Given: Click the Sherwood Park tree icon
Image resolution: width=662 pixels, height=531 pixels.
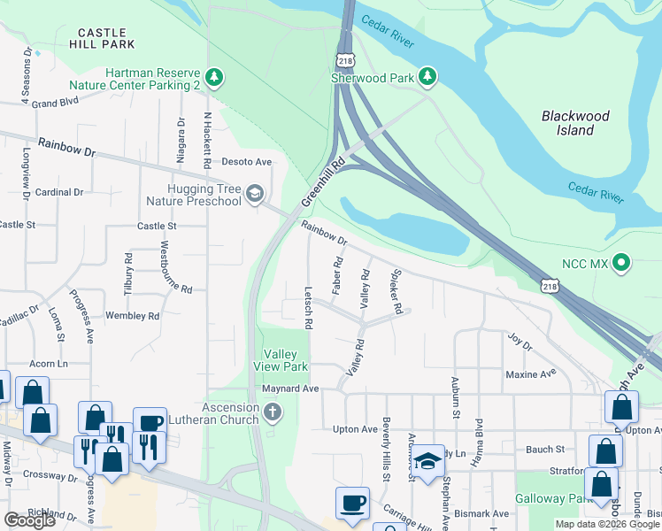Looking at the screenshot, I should (x=428, y=77).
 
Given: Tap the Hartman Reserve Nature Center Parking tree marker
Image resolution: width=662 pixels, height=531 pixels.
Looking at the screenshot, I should (x=214, y=78).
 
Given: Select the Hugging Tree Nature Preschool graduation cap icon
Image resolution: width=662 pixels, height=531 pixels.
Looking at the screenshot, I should (x=255, y=195).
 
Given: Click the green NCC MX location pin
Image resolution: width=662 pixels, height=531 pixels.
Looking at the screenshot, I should (x=621, y=263).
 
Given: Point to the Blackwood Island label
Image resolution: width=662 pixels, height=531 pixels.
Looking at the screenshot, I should (x=575, y=123).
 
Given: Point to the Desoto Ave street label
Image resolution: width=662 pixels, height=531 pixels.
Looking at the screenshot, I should (x=245, y=162).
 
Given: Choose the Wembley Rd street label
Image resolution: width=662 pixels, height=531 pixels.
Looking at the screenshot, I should (x=132, y=316).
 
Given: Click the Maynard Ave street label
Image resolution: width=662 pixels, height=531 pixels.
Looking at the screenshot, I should (x=289, y=389).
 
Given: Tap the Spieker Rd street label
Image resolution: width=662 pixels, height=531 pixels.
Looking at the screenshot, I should (x=397, y=292).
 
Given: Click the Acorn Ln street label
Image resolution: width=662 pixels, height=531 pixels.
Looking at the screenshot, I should (x=49, y=364).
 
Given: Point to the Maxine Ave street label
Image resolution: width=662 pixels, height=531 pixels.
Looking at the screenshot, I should (x=530, y=374).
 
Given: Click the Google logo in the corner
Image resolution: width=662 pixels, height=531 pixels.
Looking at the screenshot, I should (x=29, y=520).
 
